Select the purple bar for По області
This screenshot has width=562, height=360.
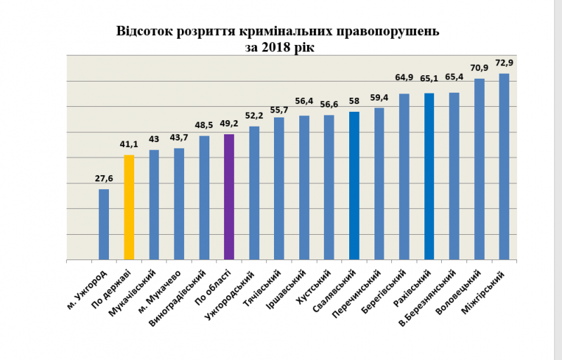[229, 197]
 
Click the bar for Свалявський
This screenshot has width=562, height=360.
[354, 186]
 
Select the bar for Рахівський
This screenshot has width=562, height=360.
[429, 176]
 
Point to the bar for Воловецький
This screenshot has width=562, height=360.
[479, 169]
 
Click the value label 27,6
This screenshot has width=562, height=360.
[104, 179]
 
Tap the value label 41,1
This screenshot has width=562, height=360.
[129, 145]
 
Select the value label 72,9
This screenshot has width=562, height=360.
[505, 63]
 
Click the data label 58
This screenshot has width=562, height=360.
[354, 101]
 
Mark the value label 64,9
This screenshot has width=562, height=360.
[404, 77]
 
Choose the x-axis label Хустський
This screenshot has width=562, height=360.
[318, 285]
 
